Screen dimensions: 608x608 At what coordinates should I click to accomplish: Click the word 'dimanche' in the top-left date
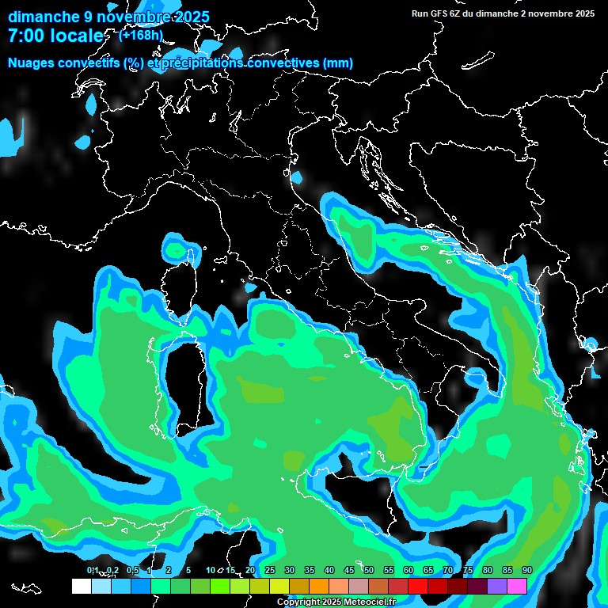click(x=44, y=17)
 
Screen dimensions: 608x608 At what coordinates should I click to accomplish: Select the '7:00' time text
click(x=28, y=36)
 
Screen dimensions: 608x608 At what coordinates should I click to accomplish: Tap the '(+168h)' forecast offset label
click(x=141, y=35)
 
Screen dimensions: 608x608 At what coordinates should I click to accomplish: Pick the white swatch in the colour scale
click(x=82, y=586)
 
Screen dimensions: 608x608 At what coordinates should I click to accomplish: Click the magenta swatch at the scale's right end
click(x=517, y=586)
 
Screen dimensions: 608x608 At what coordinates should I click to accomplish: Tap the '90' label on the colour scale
click(x=526, y=571)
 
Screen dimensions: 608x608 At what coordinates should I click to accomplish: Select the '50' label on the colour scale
click(x=368, y=571)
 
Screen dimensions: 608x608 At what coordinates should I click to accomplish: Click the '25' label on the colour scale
click(x=269, y=571)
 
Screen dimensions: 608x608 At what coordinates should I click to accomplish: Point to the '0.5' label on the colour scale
click(x=131, y=571)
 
